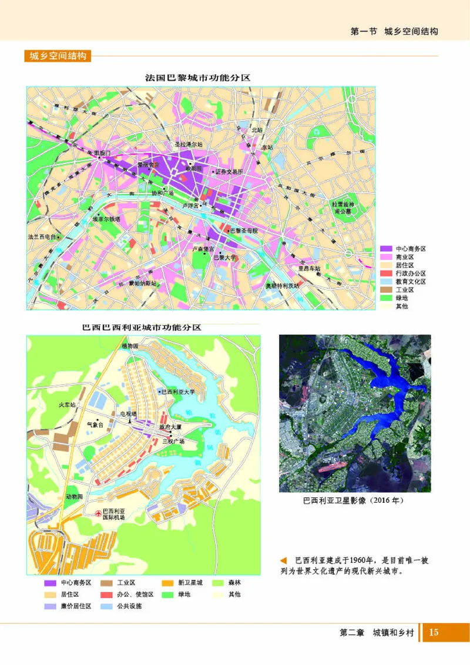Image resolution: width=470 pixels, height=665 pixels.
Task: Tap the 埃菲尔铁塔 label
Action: click(106, 219)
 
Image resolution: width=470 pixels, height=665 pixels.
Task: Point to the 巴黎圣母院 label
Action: click(243, 230)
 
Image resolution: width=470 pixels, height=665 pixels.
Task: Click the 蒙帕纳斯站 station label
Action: click(143, 283)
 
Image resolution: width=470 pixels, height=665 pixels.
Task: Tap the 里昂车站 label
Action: click(309, 268)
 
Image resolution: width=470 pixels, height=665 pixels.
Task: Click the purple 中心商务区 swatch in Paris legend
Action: click(385, 249)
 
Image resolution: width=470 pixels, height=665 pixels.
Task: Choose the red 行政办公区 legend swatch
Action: click(385, 273)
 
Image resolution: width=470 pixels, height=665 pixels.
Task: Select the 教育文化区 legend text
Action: click(410, 282)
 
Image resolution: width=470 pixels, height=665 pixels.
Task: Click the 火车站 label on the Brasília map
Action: click(68, 405)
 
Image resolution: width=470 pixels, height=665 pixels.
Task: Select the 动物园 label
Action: click(75, 497)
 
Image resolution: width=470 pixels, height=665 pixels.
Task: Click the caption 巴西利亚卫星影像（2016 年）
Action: click(354, 502)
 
